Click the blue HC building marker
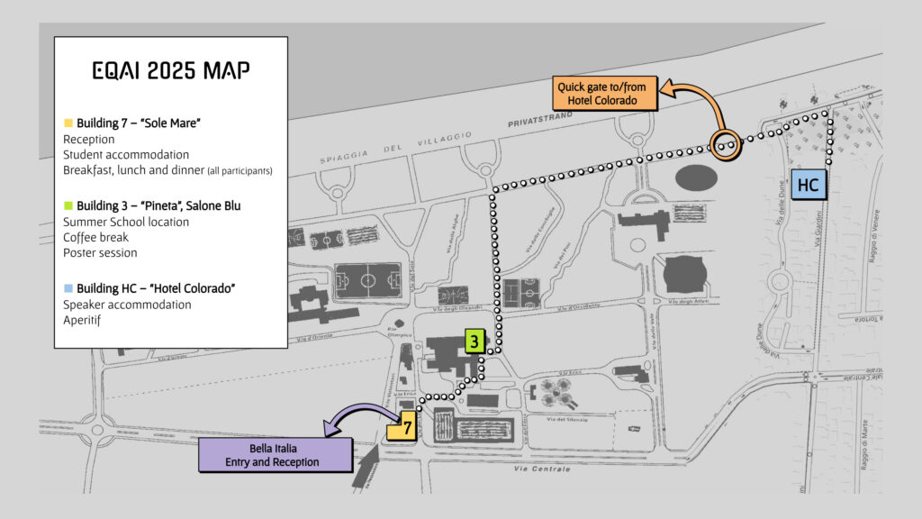pos(809,185)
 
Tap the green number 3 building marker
pos(475,341)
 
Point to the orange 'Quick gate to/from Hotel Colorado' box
pos(605,94)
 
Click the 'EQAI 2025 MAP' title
pos(171,71)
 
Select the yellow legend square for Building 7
pos(68,123)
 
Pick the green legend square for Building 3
pos(68,206)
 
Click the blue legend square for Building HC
pos(68,288)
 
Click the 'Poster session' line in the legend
pos(100,253)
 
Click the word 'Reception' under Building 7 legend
pos(89,140)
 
